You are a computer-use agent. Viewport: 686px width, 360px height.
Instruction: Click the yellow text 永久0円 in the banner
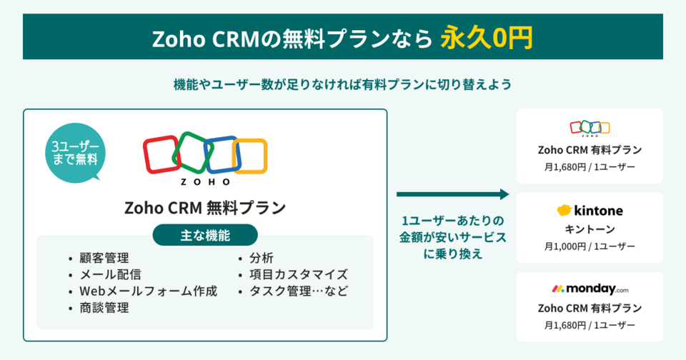486,38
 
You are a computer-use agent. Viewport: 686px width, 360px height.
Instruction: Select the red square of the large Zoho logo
161,154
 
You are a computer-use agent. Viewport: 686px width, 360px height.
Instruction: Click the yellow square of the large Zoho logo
249,155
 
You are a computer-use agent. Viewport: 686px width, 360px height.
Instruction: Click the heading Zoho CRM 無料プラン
205,208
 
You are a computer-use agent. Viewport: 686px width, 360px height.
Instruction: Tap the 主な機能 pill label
205,234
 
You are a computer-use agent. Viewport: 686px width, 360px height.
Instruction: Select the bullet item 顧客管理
104,258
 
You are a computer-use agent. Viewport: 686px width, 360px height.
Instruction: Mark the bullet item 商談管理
104,309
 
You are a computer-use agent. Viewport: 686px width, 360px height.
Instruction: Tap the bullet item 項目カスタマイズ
299,274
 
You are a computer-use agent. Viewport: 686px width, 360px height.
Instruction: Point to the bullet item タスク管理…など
299,291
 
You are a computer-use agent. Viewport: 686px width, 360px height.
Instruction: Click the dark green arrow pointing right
452,194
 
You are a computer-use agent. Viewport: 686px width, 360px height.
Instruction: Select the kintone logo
590,211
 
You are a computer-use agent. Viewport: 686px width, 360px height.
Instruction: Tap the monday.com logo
590,289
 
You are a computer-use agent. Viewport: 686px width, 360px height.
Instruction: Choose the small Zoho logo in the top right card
590,129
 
